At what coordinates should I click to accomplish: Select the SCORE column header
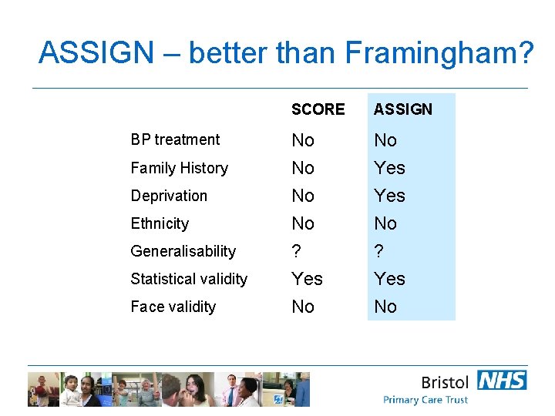click(318, 109)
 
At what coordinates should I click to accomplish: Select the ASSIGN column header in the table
click(403, 109)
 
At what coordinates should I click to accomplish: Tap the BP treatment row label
click(175, 139)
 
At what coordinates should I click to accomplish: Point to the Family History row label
click(179, 168)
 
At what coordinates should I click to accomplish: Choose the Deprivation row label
click(169, 196)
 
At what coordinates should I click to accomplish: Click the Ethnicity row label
click(160, 223)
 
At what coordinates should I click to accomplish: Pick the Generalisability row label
click(183, 251)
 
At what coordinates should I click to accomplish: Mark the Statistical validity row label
click(189, 279)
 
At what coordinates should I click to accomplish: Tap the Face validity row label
click(173, 307)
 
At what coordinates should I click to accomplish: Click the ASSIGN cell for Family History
click(389, 168)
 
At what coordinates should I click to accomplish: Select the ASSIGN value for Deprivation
click(389, 196)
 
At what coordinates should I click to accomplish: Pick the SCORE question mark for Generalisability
click(296, 251)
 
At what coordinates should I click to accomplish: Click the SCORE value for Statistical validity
click(307, 279)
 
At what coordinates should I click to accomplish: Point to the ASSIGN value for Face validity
click(385, 307)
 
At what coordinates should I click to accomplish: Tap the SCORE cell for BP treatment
click(303, 140)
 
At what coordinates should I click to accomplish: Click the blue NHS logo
click(502, 380)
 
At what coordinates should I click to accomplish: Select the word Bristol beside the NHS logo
click(445, 382)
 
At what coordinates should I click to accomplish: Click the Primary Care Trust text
click(425, 400)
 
